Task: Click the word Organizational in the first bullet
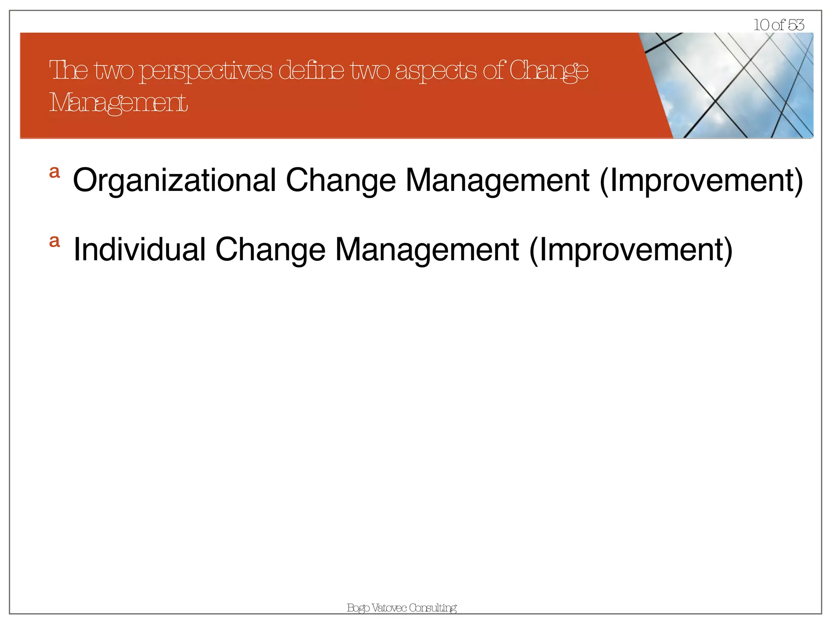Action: (174, 181)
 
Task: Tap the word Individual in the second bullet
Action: (139, 250)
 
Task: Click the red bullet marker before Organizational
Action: (54, 172)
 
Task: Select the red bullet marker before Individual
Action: (54, 241)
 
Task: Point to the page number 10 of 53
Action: (778, 25)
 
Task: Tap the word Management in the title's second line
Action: (118, 103)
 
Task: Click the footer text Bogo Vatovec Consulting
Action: (401, 608)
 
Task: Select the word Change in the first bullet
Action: (340, 181)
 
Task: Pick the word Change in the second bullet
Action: (270, 250)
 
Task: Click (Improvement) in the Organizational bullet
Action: (701, 181)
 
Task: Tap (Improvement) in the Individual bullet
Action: (631, 250)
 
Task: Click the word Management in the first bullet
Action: (497, 181)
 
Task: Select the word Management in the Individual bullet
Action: (427, 250)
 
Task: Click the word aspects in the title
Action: (435, 71)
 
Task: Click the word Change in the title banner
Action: (548, 71)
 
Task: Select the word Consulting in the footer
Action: (433, 608)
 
